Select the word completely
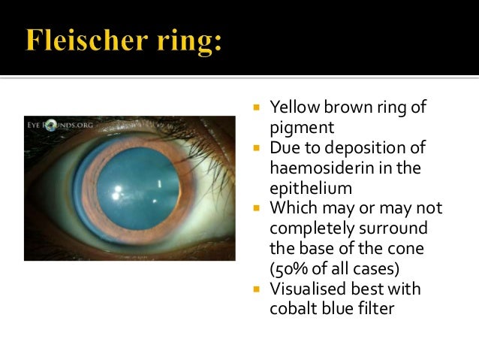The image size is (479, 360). click(x=312, y=228)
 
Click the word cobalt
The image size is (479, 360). click(x=294, y=309)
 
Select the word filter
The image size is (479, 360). click(x=376, y=309)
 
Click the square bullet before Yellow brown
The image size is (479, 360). click(x=257, y=108)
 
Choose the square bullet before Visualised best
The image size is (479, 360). click(x=257, y=289)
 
